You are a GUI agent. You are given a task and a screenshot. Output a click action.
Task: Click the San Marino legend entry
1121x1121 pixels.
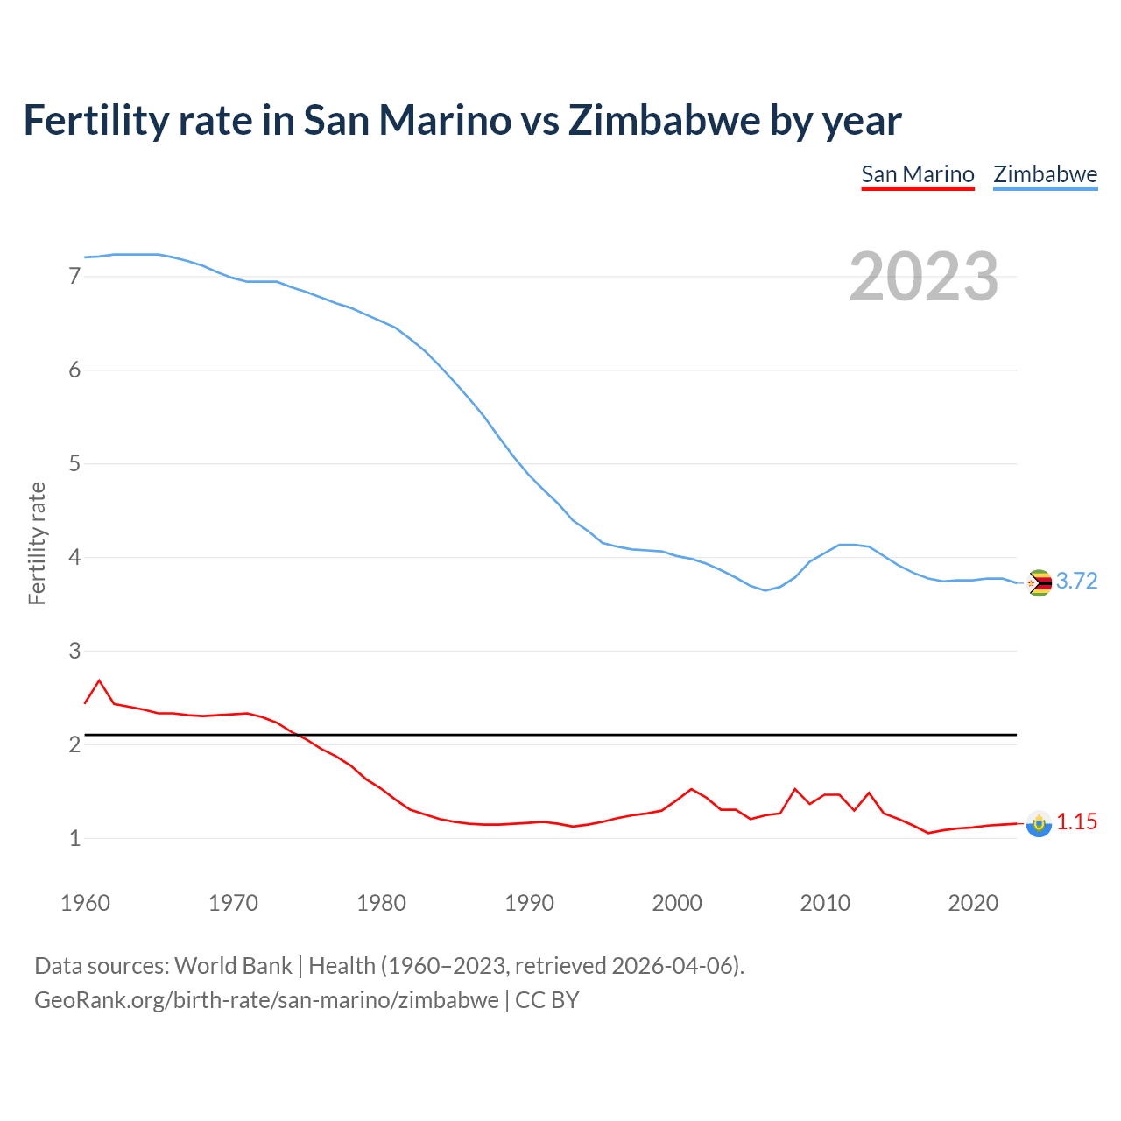point(917,174)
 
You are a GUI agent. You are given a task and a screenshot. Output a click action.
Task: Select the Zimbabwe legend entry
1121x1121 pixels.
point(1045,174)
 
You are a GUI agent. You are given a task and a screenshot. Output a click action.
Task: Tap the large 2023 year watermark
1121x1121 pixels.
point(924,277)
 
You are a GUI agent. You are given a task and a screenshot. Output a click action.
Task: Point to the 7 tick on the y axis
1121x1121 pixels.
point(74,277)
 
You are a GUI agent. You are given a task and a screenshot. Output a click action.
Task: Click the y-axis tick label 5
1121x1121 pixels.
point(74,463)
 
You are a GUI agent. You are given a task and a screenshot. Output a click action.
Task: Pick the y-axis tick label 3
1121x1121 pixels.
point(74,651)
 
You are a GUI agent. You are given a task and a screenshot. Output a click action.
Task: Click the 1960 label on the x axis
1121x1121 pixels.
point(85,903)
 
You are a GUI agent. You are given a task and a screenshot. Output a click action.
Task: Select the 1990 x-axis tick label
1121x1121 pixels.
point(529,903)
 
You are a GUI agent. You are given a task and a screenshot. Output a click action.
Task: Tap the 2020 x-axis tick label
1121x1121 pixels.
point(973,903)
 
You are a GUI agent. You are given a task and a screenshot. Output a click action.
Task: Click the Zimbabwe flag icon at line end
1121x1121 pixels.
point(1039,582)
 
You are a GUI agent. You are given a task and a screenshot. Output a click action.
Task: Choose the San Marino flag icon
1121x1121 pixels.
point(1039,823)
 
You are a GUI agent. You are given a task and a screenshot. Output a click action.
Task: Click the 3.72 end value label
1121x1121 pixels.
point(1076,582)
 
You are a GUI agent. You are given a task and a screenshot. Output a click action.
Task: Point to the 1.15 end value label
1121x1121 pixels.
point(1076,822)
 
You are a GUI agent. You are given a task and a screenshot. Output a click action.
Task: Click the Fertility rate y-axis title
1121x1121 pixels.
point(37,543)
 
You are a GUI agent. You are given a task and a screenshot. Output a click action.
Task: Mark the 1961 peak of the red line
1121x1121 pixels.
point(99,680)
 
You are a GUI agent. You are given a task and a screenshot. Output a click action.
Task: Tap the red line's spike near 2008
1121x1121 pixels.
point(795,789)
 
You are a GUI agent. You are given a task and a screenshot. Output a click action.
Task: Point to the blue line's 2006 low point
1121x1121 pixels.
point(765,590)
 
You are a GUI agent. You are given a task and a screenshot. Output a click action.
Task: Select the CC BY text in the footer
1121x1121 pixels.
point(547,1000)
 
